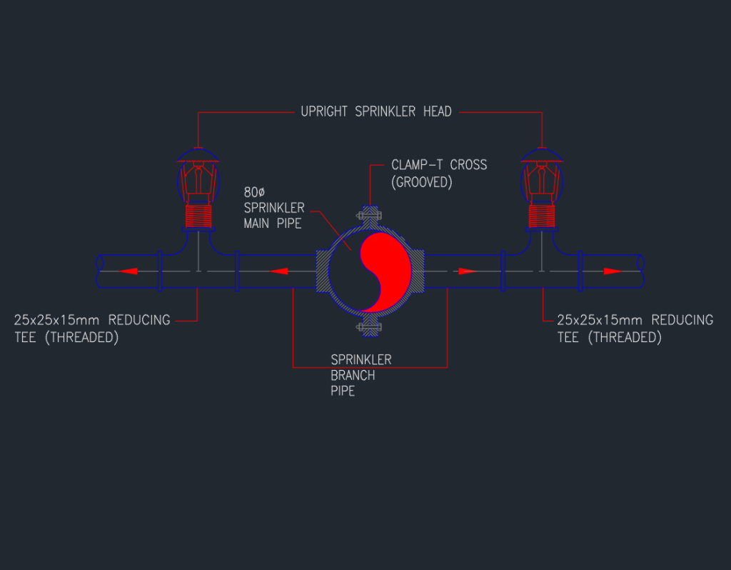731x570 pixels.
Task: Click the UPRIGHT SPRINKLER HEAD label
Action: tap(375, 111)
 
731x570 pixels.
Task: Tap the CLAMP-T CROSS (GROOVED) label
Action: tap(438, 173)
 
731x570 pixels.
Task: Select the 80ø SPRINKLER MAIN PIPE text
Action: tap(273, 209)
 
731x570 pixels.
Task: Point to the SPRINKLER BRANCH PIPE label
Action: tap(360, 375)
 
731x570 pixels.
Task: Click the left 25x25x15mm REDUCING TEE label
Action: tap(92, 329)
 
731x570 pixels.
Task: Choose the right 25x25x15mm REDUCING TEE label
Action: tap(634, 329)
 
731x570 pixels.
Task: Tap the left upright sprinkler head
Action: tap(198, 175)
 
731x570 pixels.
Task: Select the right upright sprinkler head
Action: tap(543, 175)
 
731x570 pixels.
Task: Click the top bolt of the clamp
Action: tap(370, 214)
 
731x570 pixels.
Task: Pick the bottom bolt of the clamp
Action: tap(370, 328)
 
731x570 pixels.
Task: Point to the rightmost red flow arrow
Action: tap(612, 271)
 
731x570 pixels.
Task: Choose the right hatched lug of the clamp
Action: tap(418, 271)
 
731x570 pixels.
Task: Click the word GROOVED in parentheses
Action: tap(422, 182)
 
